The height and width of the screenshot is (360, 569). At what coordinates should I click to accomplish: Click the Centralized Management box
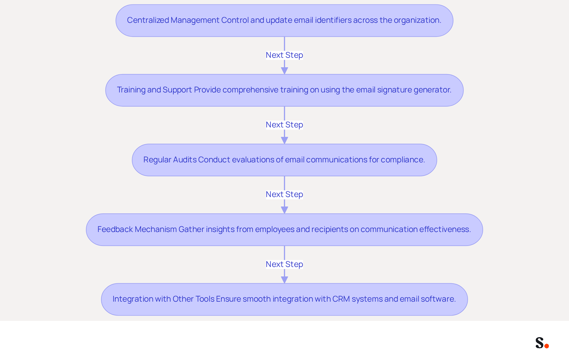(x=284, y=20)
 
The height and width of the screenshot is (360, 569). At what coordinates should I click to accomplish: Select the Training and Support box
(x=284, y=90)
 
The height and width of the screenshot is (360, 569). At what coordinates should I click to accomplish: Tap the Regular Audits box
(x=284, y=160)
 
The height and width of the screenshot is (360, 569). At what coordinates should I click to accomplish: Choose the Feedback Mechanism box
(x=284, y=230)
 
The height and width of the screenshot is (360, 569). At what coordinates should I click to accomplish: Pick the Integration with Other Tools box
(x=284, y=299)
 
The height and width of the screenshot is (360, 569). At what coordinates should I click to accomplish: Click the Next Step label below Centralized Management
(x=284, y=55)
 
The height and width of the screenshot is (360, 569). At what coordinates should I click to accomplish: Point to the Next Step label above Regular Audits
(x=284, y=125)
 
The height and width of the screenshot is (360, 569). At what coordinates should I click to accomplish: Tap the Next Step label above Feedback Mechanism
(x=284, y=194)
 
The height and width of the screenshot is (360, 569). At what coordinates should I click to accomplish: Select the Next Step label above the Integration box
(x=284, y=264)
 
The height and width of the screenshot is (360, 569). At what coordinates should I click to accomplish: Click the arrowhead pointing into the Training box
(x=284, y=71)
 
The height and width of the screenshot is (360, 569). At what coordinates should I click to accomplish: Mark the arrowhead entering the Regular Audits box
(x=284, y=140)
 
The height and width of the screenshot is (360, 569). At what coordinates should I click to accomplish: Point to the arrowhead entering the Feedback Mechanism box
(x=284, y=210)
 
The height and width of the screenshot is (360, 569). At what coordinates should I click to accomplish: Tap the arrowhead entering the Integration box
(x=284, y=280)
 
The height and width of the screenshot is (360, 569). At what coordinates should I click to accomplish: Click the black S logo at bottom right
(x=540, y=343)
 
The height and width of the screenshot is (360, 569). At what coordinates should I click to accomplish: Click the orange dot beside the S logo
(x=547, y=346)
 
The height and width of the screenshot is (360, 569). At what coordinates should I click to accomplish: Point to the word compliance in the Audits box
(x=403, y=160)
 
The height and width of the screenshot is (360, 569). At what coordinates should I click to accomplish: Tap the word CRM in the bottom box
(x=341, y=299)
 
